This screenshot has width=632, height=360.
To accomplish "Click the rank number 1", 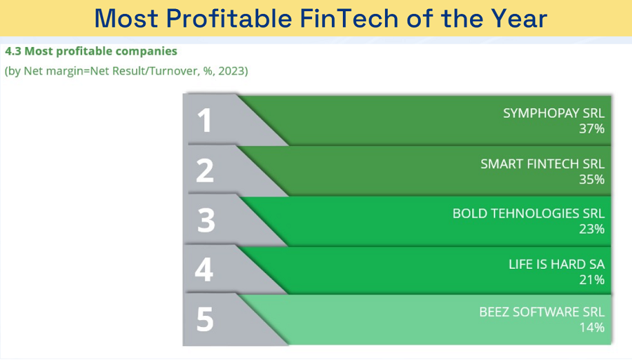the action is click(205, 120).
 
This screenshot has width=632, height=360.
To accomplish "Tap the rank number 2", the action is click(205, 171).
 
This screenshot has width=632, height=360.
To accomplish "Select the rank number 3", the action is click(206, 220).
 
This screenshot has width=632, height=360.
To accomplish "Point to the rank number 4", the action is click(204, 269).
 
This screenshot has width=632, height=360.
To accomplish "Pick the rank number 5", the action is click(205, 319).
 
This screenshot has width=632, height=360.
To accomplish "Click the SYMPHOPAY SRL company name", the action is click(554, 113).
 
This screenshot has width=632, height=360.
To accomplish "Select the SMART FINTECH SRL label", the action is click(542, 164).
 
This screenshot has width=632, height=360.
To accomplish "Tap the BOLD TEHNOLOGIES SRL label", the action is click(529, 213).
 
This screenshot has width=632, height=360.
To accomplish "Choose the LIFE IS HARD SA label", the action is click(557, 264).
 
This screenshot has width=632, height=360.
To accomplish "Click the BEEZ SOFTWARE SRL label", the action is click(542, 312).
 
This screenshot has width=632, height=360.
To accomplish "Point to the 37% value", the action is click(592, 128).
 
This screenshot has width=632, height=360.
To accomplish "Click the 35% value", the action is click(592, 180).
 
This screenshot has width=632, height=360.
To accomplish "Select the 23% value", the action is click(592, 229).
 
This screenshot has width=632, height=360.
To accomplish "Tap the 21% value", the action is click(592, 279).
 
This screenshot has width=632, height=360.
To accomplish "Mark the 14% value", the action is click(592, 327).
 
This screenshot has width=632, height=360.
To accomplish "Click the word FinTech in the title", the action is click(349, 18).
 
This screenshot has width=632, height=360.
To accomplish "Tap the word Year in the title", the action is click(519, 18).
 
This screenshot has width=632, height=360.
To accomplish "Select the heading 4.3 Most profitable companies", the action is click(91, 51).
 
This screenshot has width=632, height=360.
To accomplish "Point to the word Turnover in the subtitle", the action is click(174, 71).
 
